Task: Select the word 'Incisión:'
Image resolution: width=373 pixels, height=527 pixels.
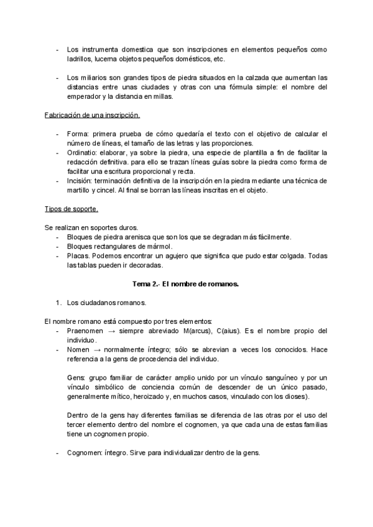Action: pyautogui.click(x=81, y=181)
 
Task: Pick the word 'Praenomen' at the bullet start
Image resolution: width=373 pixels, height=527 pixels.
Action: pyautogui.click(x=86, y=331)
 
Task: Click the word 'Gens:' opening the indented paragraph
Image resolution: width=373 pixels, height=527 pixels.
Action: pyautogui.click(x=76, y=378)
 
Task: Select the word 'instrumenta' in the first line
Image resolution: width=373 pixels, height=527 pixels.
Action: pyautogui.click(x=98, y=49)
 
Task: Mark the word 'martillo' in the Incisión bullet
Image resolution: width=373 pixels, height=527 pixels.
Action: pyautogui.click(x=79, y=190)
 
